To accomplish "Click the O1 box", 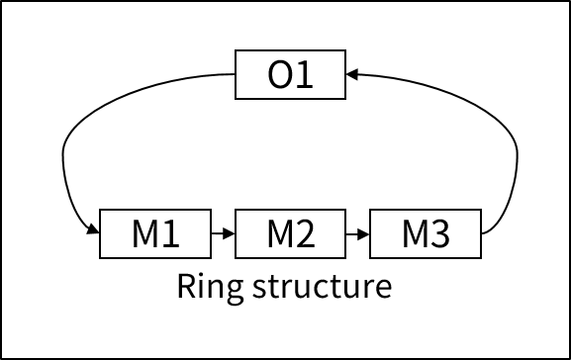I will pyautogui.click(x=290, y=74).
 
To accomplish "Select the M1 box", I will pyautogui.click(x=155, y=233).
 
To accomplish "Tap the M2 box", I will pyautogui.click(x=290, y=233).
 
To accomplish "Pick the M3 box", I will pyautogui.click(x=426, y=233).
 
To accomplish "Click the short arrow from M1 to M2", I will pyautogui.click(x=224, y=234).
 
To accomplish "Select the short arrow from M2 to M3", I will pyautogui.click(x=358, y=234).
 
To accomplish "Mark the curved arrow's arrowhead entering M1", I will pyautogui.click(x=93, y=231).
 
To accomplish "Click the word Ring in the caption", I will pyautogui.click(x=205, y=287).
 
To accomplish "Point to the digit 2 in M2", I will pyautogui.click(x=305, y=234).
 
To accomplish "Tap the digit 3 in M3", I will pyautogui.click(x=439, y=234).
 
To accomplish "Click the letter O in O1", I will pyautogui.click(x=280, y=75).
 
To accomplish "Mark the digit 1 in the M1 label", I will pyautogui.click(x=170, y=234).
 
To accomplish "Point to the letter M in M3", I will pyautogui.click(x=415, y=234).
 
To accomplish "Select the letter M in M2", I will pyautogui.click(x=279, y=234).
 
